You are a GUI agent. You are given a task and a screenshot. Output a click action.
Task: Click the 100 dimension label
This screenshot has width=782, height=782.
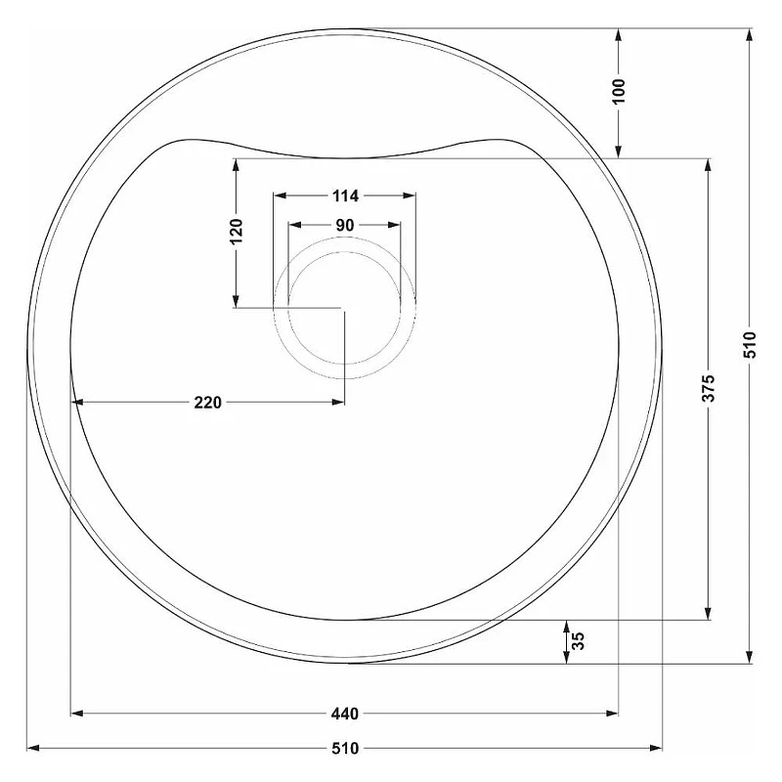[619, 91]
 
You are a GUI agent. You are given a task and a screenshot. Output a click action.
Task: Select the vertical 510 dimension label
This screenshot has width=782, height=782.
[750, 345]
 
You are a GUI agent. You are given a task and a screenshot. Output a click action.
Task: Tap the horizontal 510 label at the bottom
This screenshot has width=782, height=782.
[345, 748]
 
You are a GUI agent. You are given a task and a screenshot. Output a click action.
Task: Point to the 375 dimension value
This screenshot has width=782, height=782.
[709, 388]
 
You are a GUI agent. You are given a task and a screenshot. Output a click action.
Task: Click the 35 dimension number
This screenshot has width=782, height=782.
[578, 641]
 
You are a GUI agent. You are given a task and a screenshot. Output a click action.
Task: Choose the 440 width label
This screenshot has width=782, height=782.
[345, 714]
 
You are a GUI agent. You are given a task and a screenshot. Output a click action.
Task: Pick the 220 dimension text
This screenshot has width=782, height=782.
[207, 402]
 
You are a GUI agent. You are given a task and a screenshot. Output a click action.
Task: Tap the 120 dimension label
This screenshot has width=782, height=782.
[236, 231]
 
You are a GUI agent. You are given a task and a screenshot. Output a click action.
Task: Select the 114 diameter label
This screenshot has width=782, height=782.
[345, 196]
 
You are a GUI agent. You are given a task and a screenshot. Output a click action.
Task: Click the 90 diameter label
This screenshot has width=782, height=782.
[345, 226]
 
